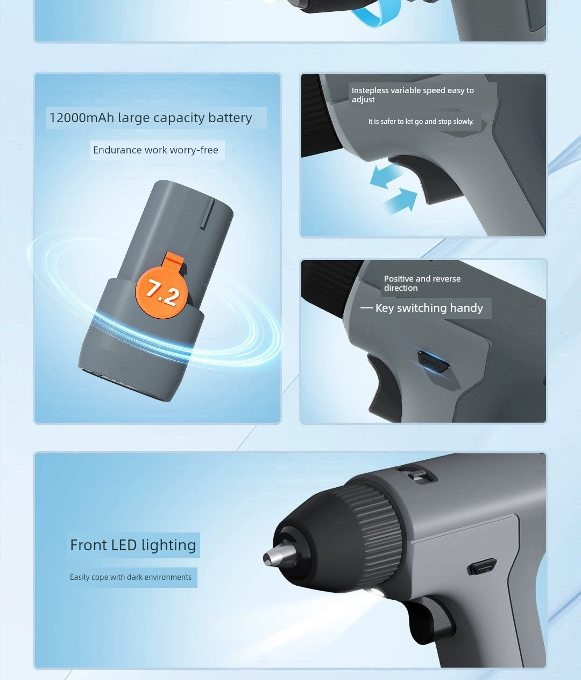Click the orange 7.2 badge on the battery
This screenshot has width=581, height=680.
(162, 291)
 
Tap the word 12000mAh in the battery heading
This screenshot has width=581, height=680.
(81, 118)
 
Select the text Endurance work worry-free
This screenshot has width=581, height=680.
(155, 150)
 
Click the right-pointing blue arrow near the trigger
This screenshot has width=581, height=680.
(401, 201)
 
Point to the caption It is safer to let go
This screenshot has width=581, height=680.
(421, 122)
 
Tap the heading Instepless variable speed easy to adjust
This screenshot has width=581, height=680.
(413, 95)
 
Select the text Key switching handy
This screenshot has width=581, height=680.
(429, 308)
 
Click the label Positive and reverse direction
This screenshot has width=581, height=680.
(422, 283)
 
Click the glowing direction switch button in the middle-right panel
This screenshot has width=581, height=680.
(434, 361)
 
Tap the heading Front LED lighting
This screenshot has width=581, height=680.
(133, 545)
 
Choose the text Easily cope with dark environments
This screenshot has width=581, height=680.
(131, 577)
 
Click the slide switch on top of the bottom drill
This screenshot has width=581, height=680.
(417, 474)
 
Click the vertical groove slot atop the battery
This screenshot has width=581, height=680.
(208, 214)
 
